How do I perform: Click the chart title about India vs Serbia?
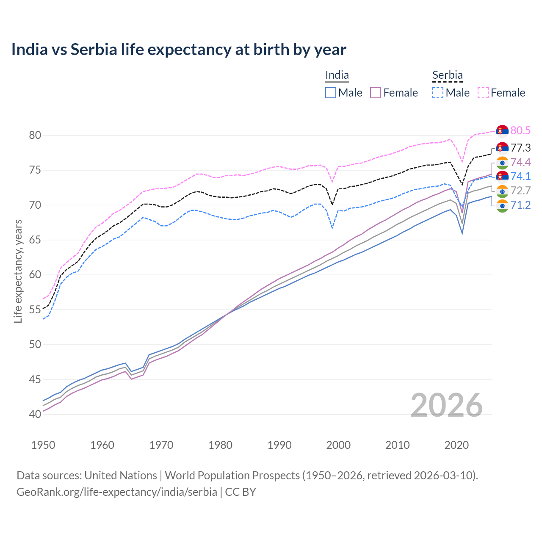[179, 50]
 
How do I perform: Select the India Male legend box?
[331, 93]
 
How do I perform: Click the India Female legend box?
[376, 93]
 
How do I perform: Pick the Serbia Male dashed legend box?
[438, 93]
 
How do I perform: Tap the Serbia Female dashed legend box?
[483, 93]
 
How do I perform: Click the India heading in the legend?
[337, 75]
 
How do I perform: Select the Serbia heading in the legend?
[448, 75]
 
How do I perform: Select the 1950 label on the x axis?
[43, 445]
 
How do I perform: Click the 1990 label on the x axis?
[279, 445]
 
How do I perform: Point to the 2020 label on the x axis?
[456, 445]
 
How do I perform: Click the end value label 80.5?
[520, 131]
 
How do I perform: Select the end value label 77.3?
[520, 148]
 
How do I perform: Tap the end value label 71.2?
[520, 205]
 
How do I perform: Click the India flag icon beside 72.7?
[502, 191]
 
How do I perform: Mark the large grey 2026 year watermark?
[447, 405]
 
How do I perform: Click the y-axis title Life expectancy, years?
[18, 271]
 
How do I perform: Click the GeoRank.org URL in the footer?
[116, 492]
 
